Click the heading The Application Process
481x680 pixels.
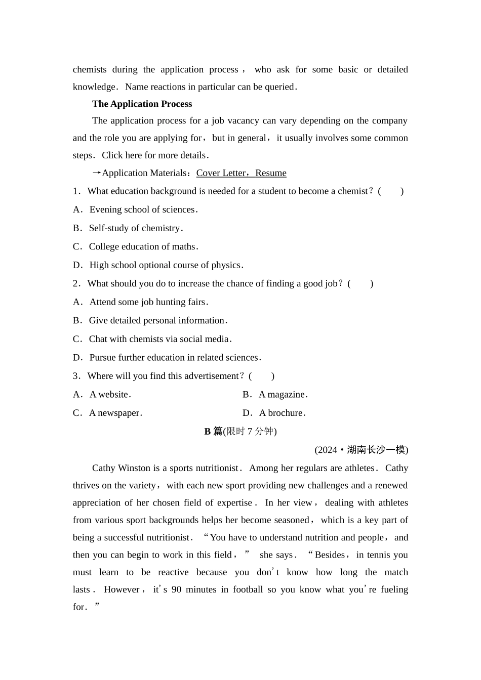[x=142, y=104]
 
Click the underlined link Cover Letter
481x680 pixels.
[x=221, y=173]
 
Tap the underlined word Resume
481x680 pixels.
[x=271, y=173]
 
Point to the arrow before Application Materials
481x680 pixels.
[x=97, y=173]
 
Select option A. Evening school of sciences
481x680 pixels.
[x=135, y=209]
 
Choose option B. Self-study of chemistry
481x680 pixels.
[x=128, y=228]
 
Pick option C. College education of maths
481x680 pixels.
[x=135, y=247]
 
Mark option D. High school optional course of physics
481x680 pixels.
[x=158, y=265]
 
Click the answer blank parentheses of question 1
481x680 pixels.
[x=391, y=191]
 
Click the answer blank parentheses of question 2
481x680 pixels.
[x=360, y=284]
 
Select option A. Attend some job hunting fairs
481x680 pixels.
[x=140, y=302]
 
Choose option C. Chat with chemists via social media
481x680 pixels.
[x=152, y=339]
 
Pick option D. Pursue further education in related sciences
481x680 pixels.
[x=167, y=358]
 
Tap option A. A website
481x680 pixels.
[x=102, y=395]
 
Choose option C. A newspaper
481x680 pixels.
[x=107, y=413]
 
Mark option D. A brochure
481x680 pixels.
[x=274, y=413]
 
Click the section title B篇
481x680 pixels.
[x=213, y=432]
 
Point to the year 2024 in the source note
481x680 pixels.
[x=327, y=450]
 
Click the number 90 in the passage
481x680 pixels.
[x=177, y=589]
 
